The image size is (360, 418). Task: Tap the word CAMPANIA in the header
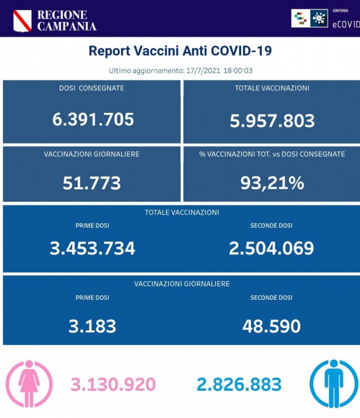click(66, 26)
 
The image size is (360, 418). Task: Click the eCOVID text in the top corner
click(346, 24)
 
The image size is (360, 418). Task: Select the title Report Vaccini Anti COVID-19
click(180, 51)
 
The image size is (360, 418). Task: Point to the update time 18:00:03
click(238, 70)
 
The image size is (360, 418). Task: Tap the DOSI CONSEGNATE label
click(91, 88)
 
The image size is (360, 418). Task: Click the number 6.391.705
click(93, 119)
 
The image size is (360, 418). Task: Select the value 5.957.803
click(272, 121)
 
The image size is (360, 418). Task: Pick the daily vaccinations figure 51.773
click(92, 183)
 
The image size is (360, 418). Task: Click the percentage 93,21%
click(272, 183)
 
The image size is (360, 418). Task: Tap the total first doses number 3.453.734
click(92, 248)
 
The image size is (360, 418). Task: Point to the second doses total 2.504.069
click(271, 248)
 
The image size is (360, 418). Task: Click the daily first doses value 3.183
click(92, 327)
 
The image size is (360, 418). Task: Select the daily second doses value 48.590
click(271, 327)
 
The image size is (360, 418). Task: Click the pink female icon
click(29, 384)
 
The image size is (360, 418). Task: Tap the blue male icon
click(333, 384)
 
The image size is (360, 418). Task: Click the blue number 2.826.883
click(239, 385)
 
